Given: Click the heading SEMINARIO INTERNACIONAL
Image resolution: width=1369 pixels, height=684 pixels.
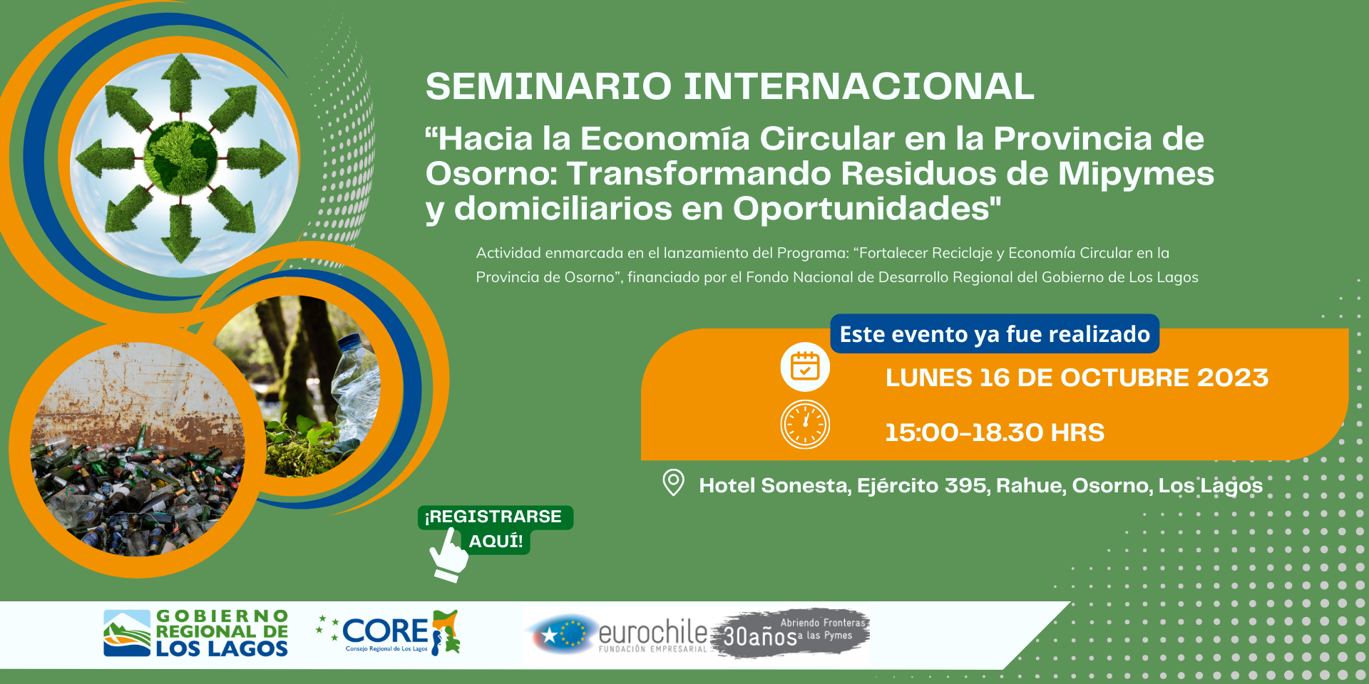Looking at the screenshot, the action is [x=729, y=86].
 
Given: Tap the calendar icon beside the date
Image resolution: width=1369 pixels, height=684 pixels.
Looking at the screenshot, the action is [x=805, y=367].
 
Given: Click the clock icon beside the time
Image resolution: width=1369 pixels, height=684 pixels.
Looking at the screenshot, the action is [x=805, y=425].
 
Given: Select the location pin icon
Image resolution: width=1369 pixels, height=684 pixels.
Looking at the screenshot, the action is [x=673, y=483].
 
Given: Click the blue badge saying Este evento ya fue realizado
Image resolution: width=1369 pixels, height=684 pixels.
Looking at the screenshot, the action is [x=995, y=334].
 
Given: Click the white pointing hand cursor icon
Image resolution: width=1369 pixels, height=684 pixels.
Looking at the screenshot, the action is [x=448, y=555].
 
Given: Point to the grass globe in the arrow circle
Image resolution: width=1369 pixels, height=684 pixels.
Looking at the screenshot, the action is [x=181, y=157].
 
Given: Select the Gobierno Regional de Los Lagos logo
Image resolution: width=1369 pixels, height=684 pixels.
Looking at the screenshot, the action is [x=195, y=633].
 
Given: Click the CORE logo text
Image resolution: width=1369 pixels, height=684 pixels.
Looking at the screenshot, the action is [x=385, y=631].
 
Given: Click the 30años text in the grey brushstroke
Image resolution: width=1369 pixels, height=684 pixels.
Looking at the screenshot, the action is [x=760, y=636].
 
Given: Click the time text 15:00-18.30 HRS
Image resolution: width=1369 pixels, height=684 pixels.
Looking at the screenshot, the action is [x=995, y=432].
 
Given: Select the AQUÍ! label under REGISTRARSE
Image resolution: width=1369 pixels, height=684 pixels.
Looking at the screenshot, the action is [x=496, y=541].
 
